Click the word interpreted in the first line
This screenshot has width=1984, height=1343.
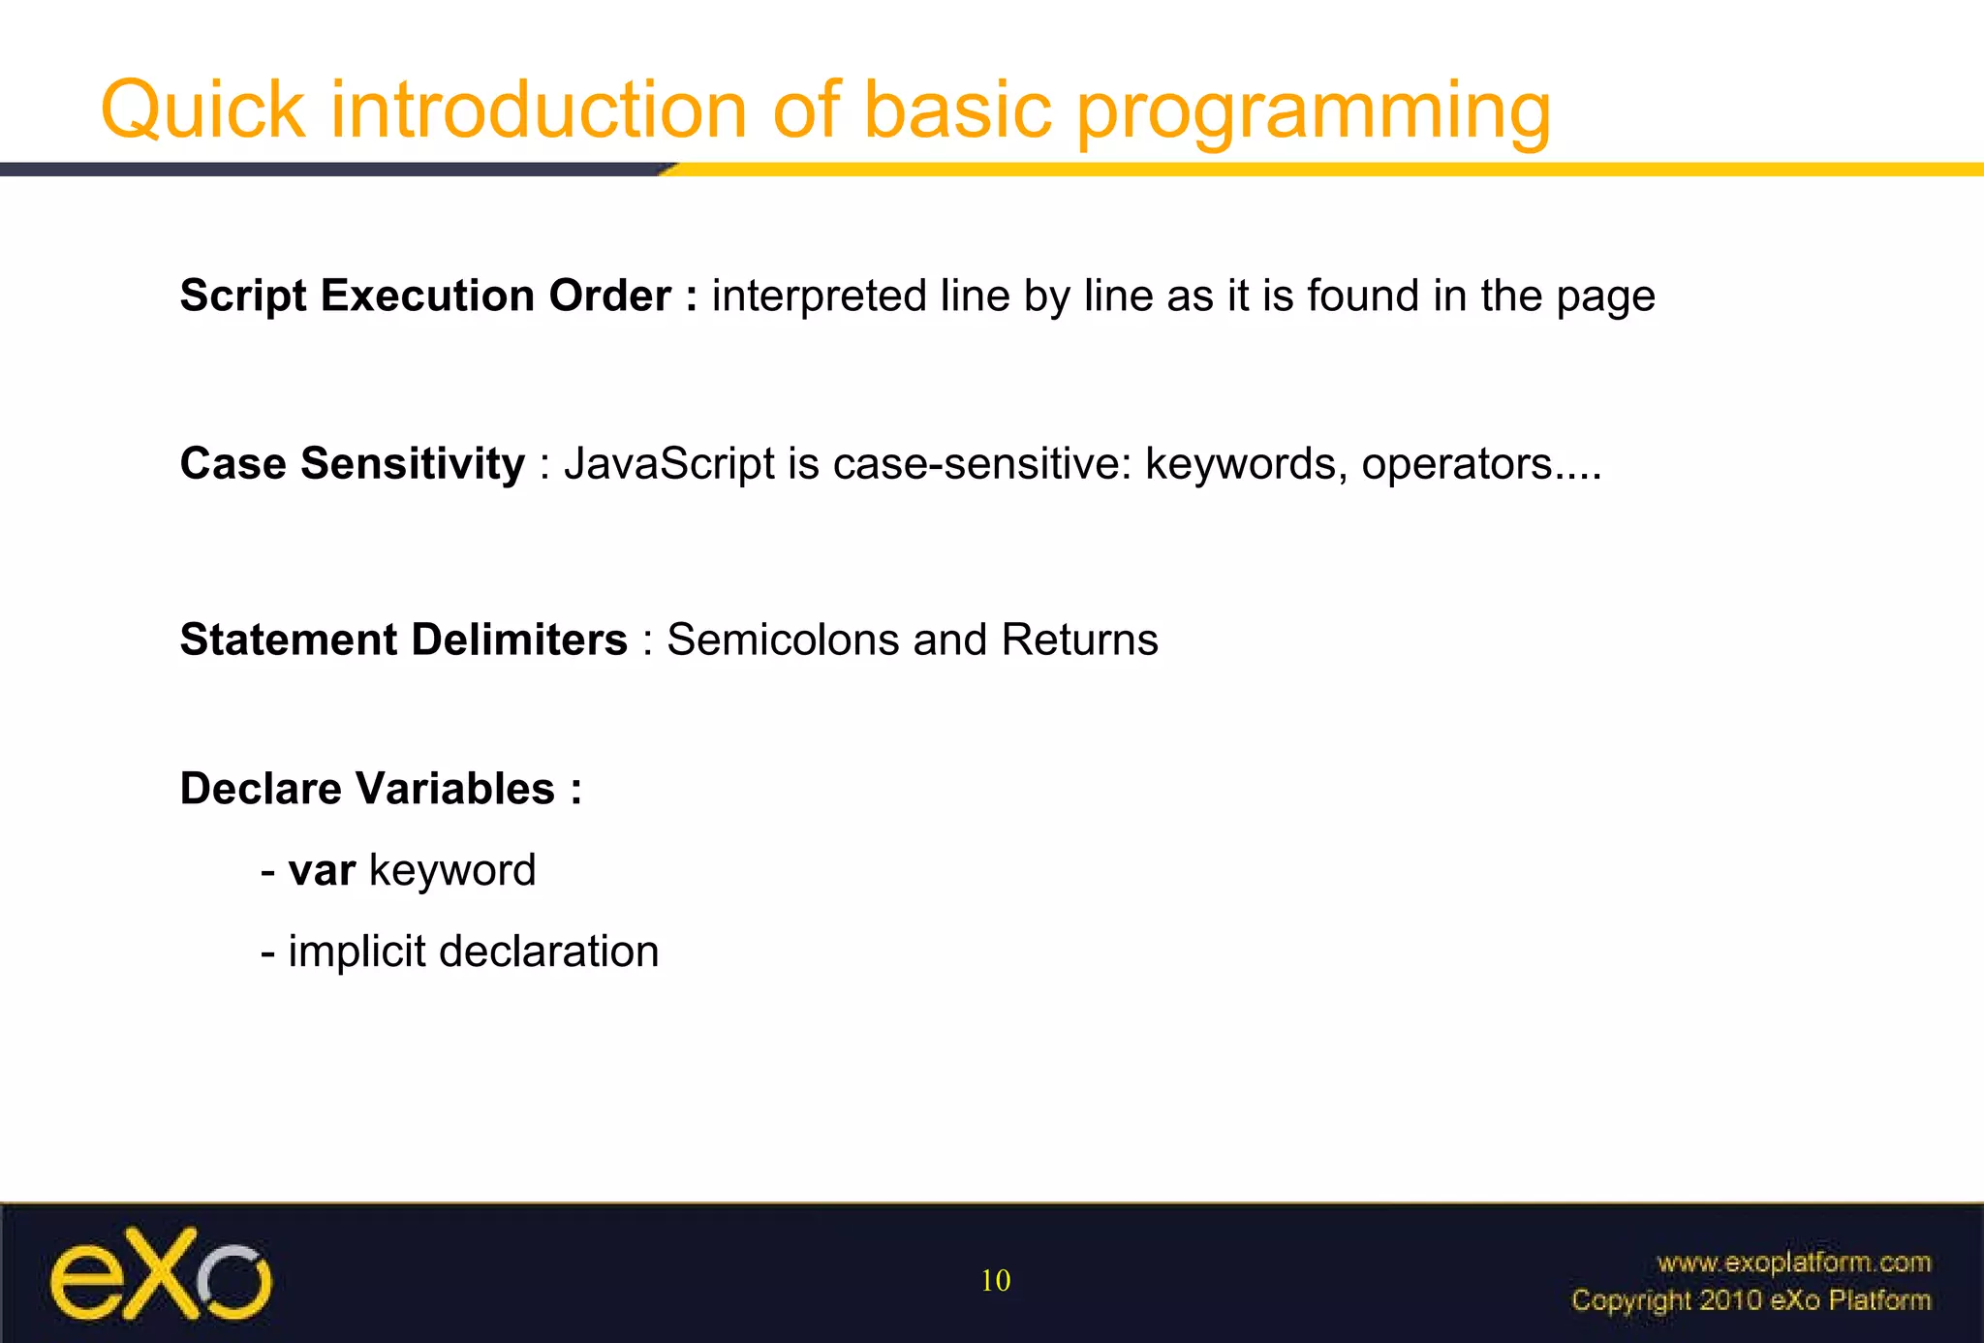(x=820, y=297)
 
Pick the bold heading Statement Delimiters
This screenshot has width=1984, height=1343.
(x=404, y=640)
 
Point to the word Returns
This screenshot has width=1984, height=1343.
(x=1079, y=640)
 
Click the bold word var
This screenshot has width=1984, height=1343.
(x=322, y=870)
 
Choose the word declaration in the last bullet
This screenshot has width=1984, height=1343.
(x=548, y=952)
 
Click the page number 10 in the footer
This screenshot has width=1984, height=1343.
(x=996, y=1281)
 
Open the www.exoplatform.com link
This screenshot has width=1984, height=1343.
(x=1793, y=1263)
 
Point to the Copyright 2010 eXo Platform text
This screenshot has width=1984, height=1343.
(x=1751, y=1299)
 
